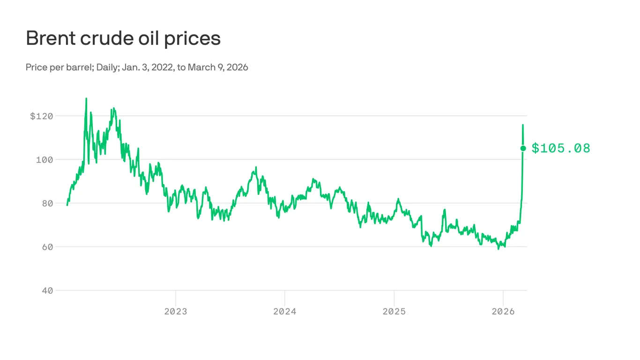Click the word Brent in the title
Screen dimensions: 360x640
(51, 38)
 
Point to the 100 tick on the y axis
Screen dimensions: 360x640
(45, 159)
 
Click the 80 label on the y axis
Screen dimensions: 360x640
(47, 203)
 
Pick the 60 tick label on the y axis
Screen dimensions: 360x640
(47, 247)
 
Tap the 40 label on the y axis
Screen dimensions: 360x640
(47, 290)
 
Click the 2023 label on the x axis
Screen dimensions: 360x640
(176, 311)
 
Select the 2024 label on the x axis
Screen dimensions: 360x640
(285, 311)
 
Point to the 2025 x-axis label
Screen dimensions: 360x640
(394, 311)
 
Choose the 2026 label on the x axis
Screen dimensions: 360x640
(503, 311)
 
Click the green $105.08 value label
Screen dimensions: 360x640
(561, 149)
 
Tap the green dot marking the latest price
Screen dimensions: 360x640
(523, 148)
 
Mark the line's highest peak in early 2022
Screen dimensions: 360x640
(86, 99)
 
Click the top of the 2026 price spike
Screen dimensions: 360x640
(523, 125)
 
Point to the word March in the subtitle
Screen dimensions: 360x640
(201, 67)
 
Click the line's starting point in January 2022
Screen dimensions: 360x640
(67, 205)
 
